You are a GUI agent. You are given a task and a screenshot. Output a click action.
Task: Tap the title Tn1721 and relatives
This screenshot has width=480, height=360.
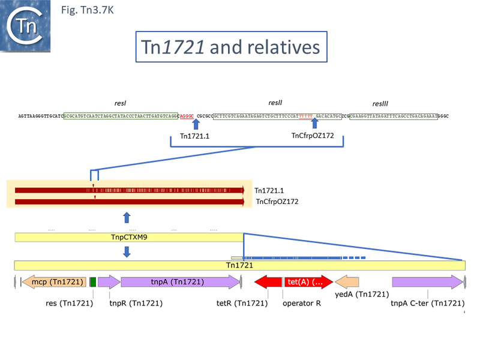(x=230, y=47)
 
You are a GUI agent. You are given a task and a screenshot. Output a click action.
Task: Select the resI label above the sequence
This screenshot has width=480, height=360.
(x=120, y=103)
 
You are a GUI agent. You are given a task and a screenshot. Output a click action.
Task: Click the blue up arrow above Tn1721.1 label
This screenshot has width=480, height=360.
(x=196, y=124)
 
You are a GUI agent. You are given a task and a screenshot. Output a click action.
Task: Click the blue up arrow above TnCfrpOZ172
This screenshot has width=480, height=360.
(x=314, y=124)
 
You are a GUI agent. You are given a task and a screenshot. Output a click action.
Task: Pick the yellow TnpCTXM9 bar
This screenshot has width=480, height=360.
(x=129, y=238)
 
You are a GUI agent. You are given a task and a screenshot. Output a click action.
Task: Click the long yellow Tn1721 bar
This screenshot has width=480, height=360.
(x=239, y=265)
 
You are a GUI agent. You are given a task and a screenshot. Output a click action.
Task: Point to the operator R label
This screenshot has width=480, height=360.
(x=301, y=303)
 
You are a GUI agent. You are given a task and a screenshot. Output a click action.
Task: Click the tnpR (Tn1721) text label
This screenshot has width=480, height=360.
(x=136, y=303)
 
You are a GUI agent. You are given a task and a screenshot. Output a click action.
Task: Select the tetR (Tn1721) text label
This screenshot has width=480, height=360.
(x=242, y=303)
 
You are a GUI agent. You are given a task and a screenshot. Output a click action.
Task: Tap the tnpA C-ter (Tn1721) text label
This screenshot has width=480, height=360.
(x=427, y=303)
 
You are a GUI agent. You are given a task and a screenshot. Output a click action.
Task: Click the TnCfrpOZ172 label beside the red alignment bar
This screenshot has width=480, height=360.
(x=277, y=202)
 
